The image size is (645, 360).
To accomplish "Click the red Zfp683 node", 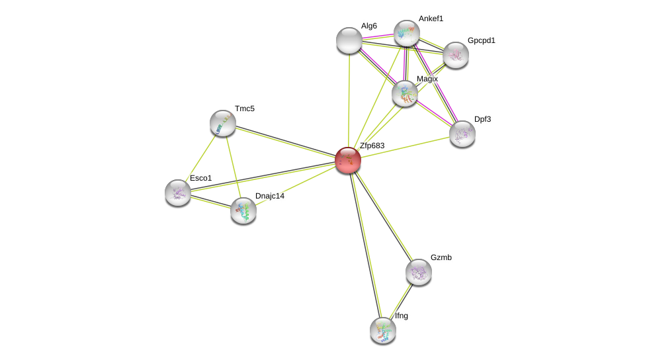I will [348, 159].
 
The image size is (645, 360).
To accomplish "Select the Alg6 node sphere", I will [349, 40].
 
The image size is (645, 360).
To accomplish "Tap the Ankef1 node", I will [407, 33].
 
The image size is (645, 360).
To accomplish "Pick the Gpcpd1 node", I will [456, 55].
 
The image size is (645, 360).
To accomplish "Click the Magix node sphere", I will [405, 93].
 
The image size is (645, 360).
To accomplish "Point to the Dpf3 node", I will [462, 134].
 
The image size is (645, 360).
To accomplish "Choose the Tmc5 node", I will [223, 123].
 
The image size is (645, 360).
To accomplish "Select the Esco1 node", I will [178, 193].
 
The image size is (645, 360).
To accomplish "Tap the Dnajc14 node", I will [243, 210].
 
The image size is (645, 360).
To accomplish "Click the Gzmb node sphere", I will [419, 272].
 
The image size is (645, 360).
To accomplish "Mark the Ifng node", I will [383, 330].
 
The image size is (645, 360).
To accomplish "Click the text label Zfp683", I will [372, 146].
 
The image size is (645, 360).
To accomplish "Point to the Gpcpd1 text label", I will [481, 40].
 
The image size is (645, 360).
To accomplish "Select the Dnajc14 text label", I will [269, 196].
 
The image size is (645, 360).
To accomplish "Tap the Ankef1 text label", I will [431, 19].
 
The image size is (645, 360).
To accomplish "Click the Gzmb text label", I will [441, 257].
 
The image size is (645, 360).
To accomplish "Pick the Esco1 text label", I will [200, 178].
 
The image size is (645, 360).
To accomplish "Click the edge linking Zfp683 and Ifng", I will [365, 245].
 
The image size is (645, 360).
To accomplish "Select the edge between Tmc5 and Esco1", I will [200, 157].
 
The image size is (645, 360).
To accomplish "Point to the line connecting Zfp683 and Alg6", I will [349, 99].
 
